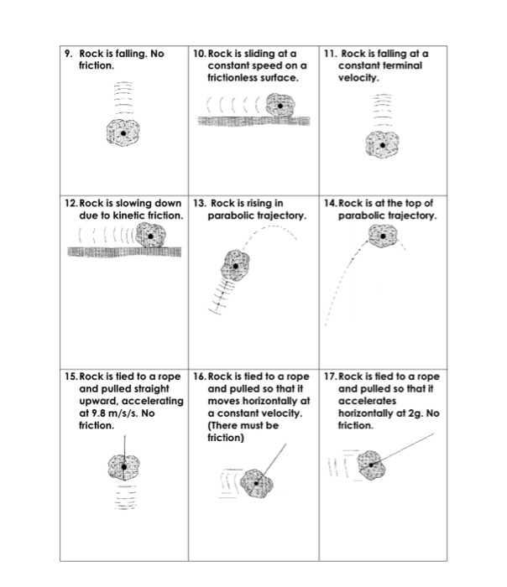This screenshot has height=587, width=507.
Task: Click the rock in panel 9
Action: coord(124,133)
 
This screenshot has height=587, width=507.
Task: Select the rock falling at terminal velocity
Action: coord(384,145)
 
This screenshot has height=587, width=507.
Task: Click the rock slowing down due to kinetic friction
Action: coord(152,238)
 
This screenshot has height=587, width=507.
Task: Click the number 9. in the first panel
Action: coord(69,54)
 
